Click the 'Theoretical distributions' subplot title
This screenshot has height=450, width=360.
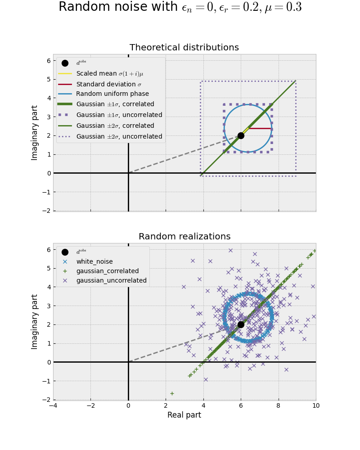click(x=184, y=48)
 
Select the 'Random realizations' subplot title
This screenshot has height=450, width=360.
click(x=184, y=237)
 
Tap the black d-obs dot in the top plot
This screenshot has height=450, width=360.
click(x=241, y=135)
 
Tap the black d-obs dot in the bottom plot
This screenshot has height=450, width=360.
click(x=241, y=324)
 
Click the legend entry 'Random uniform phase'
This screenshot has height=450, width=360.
click(x=112, y=94)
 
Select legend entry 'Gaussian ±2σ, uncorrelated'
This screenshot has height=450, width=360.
click(x=119, y=136)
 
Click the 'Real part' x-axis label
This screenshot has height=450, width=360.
click(x=184, y=415)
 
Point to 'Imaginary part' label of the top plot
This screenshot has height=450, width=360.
click(x=35, y=133)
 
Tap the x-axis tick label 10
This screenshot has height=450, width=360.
click(x=315, y=406)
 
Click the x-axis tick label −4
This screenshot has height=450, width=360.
click(x=53, y=406)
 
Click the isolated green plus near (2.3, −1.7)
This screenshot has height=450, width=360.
click(x=171, y=393)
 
